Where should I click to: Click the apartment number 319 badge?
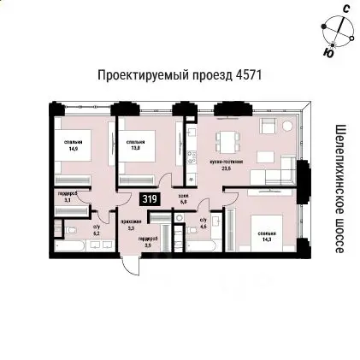pyautogui.click(x=150, y=199)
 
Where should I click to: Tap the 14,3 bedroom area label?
pyautogui.click(x=267, y=235)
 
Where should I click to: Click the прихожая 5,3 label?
pyautogui.click(x=131, y=225)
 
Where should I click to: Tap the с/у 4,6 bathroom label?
pyautogui.click(x=203, y=225)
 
